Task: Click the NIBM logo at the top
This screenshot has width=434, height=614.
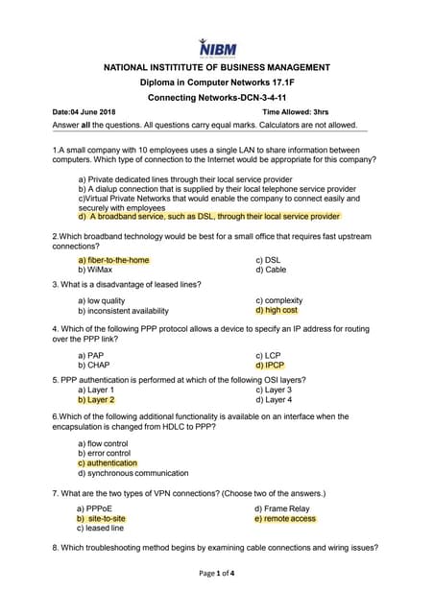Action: point(217,46)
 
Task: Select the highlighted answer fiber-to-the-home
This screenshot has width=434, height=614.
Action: point(114,260)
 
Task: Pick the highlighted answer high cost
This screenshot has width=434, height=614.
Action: point(277,311)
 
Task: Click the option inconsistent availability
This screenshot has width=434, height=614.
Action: point(124,311)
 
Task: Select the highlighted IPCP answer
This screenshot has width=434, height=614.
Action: point(270,366)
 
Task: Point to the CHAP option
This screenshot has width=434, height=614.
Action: point(94,366)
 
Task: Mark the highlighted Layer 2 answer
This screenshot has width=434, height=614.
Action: point(97,400)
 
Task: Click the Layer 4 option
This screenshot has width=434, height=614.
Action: point(275,400)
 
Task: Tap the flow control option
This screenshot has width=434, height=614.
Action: point(103,444)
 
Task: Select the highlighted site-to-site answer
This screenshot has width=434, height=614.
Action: point(102,519)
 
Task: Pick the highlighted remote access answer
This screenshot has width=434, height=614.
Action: point(285,519)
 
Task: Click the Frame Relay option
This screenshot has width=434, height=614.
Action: point(282,508)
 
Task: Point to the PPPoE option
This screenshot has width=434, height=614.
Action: point(97,508)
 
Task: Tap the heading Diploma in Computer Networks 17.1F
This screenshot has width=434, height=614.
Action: point(216,83)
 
